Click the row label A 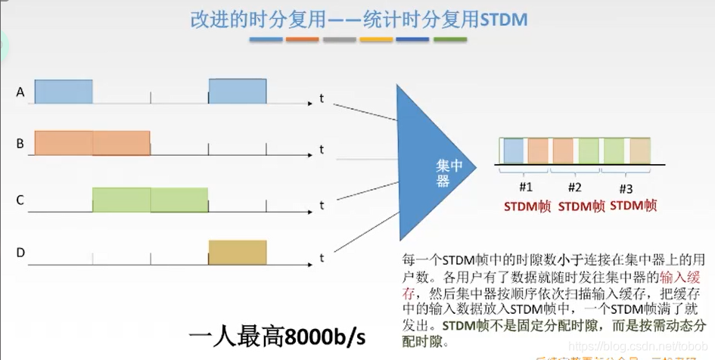[20, 92]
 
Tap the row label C [20, 200]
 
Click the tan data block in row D [238, 251]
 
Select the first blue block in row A [64, 92]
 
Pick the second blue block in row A [238, 92]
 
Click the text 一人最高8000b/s [287, 336]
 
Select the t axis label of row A [322, 99]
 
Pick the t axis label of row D [322, 258]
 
